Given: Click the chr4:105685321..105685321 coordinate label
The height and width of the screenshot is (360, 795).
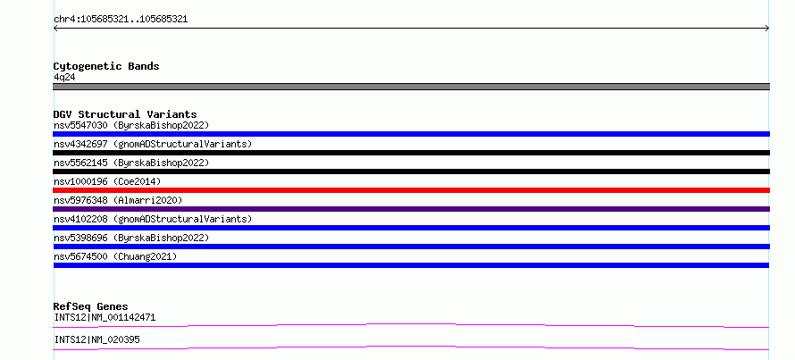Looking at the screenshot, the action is pos(121,20).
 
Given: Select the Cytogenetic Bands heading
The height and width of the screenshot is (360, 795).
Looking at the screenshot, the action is pos(106,66).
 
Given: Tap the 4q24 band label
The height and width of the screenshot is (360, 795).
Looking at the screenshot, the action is pos(64,77).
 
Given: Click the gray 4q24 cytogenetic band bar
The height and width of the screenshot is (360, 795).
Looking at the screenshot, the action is pos(411,87).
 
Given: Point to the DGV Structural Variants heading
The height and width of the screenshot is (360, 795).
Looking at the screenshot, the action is pos(125,114).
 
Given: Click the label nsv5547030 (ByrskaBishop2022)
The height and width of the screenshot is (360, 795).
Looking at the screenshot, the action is pos(131,125).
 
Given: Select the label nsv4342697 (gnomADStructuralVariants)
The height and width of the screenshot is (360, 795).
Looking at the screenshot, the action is pos(153,144).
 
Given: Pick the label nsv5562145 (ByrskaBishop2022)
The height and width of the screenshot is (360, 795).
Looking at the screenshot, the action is pos(131,163).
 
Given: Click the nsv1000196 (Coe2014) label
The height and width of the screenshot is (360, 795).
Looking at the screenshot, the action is pos(107,181).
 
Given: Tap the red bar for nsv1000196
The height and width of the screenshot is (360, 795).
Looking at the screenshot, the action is pos(411,190).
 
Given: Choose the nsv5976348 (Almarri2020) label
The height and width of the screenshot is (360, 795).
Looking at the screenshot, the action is pos(118,200).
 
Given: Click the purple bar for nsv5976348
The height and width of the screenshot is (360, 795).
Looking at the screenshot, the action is pos(411,209).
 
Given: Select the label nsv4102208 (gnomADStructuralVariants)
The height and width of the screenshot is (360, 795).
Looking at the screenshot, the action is pos(153,219).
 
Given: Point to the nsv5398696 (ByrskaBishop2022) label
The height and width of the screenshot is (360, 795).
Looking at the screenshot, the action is pos(131,238).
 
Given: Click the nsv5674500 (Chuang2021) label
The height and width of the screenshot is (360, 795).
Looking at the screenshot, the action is pos(115,256).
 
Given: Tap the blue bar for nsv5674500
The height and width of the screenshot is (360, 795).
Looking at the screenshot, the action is pos(411,265).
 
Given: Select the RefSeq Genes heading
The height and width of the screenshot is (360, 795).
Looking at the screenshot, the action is pos(90,306).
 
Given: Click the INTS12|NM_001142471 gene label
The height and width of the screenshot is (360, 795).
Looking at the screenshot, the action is pos(105,318).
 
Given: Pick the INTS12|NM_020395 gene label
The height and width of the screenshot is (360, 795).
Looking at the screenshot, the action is pos(96,339).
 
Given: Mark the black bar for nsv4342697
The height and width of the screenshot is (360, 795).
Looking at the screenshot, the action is pos(411,153).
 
